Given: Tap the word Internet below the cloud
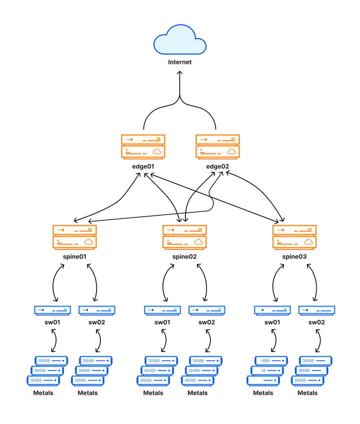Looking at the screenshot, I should point(179,63).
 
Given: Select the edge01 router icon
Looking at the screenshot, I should point(143,146).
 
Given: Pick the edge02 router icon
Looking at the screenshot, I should point(217,146).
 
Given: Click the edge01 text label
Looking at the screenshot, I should point(143,166).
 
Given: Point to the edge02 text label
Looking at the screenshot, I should point(217,166).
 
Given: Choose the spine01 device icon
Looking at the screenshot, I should point(74,237).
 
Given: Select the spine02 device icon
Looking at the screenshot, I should point(184,237).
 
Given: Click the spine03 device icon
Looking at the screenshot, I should point(294,237).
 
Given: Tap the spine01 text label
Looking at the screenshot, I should point(74,257).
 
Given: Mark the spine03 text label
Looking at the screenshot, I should point(294,257).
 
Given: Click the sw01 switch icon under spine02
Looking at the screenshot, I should point(162,310).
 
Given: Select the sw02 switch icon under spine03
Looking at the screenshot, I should point(316,310).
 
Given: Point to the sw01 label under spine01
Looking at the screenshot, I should point(52,322).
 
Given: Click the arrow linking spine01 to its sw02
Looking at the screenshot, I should point(95,283).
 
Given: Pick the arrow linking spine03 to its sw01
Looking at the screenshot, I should point(273,283).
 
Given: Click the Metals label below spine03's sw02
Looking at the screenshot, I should point(307,393).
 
